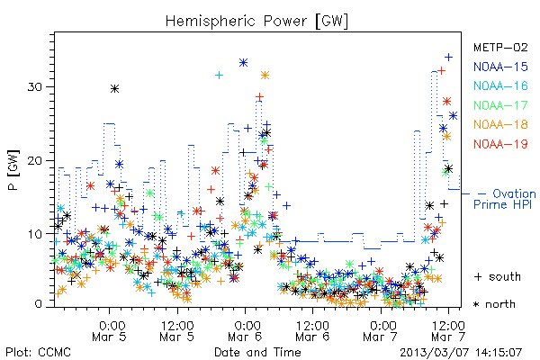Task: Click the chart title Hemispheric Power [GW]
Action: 256,22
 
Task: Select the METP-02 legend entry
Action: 500,47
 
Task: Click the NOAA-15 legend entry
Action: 500,67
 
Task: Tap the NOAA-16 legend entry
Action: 500,85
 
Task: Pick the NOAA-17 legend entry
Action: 500,105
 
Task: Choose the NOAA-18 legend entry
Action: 500,124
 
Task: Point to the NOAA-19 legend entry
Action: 500,144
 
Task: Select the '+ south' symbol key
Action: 498,276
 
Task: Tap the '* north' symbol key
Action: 494,304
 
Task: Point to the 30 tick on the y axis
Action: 35,86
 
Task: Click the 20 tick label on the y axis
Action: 35,160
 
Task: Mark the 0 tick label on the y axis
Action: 39,304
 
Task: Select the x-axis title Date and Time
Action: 257,352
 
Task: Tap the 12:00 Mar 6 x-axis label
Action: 312,330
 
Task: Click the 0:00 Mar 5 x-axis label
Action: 110,330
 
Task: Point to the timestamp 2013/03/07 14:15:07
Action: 461,353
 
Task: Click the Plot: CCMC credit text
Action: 38,352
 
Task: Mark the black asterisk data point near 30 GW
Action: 114,89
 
